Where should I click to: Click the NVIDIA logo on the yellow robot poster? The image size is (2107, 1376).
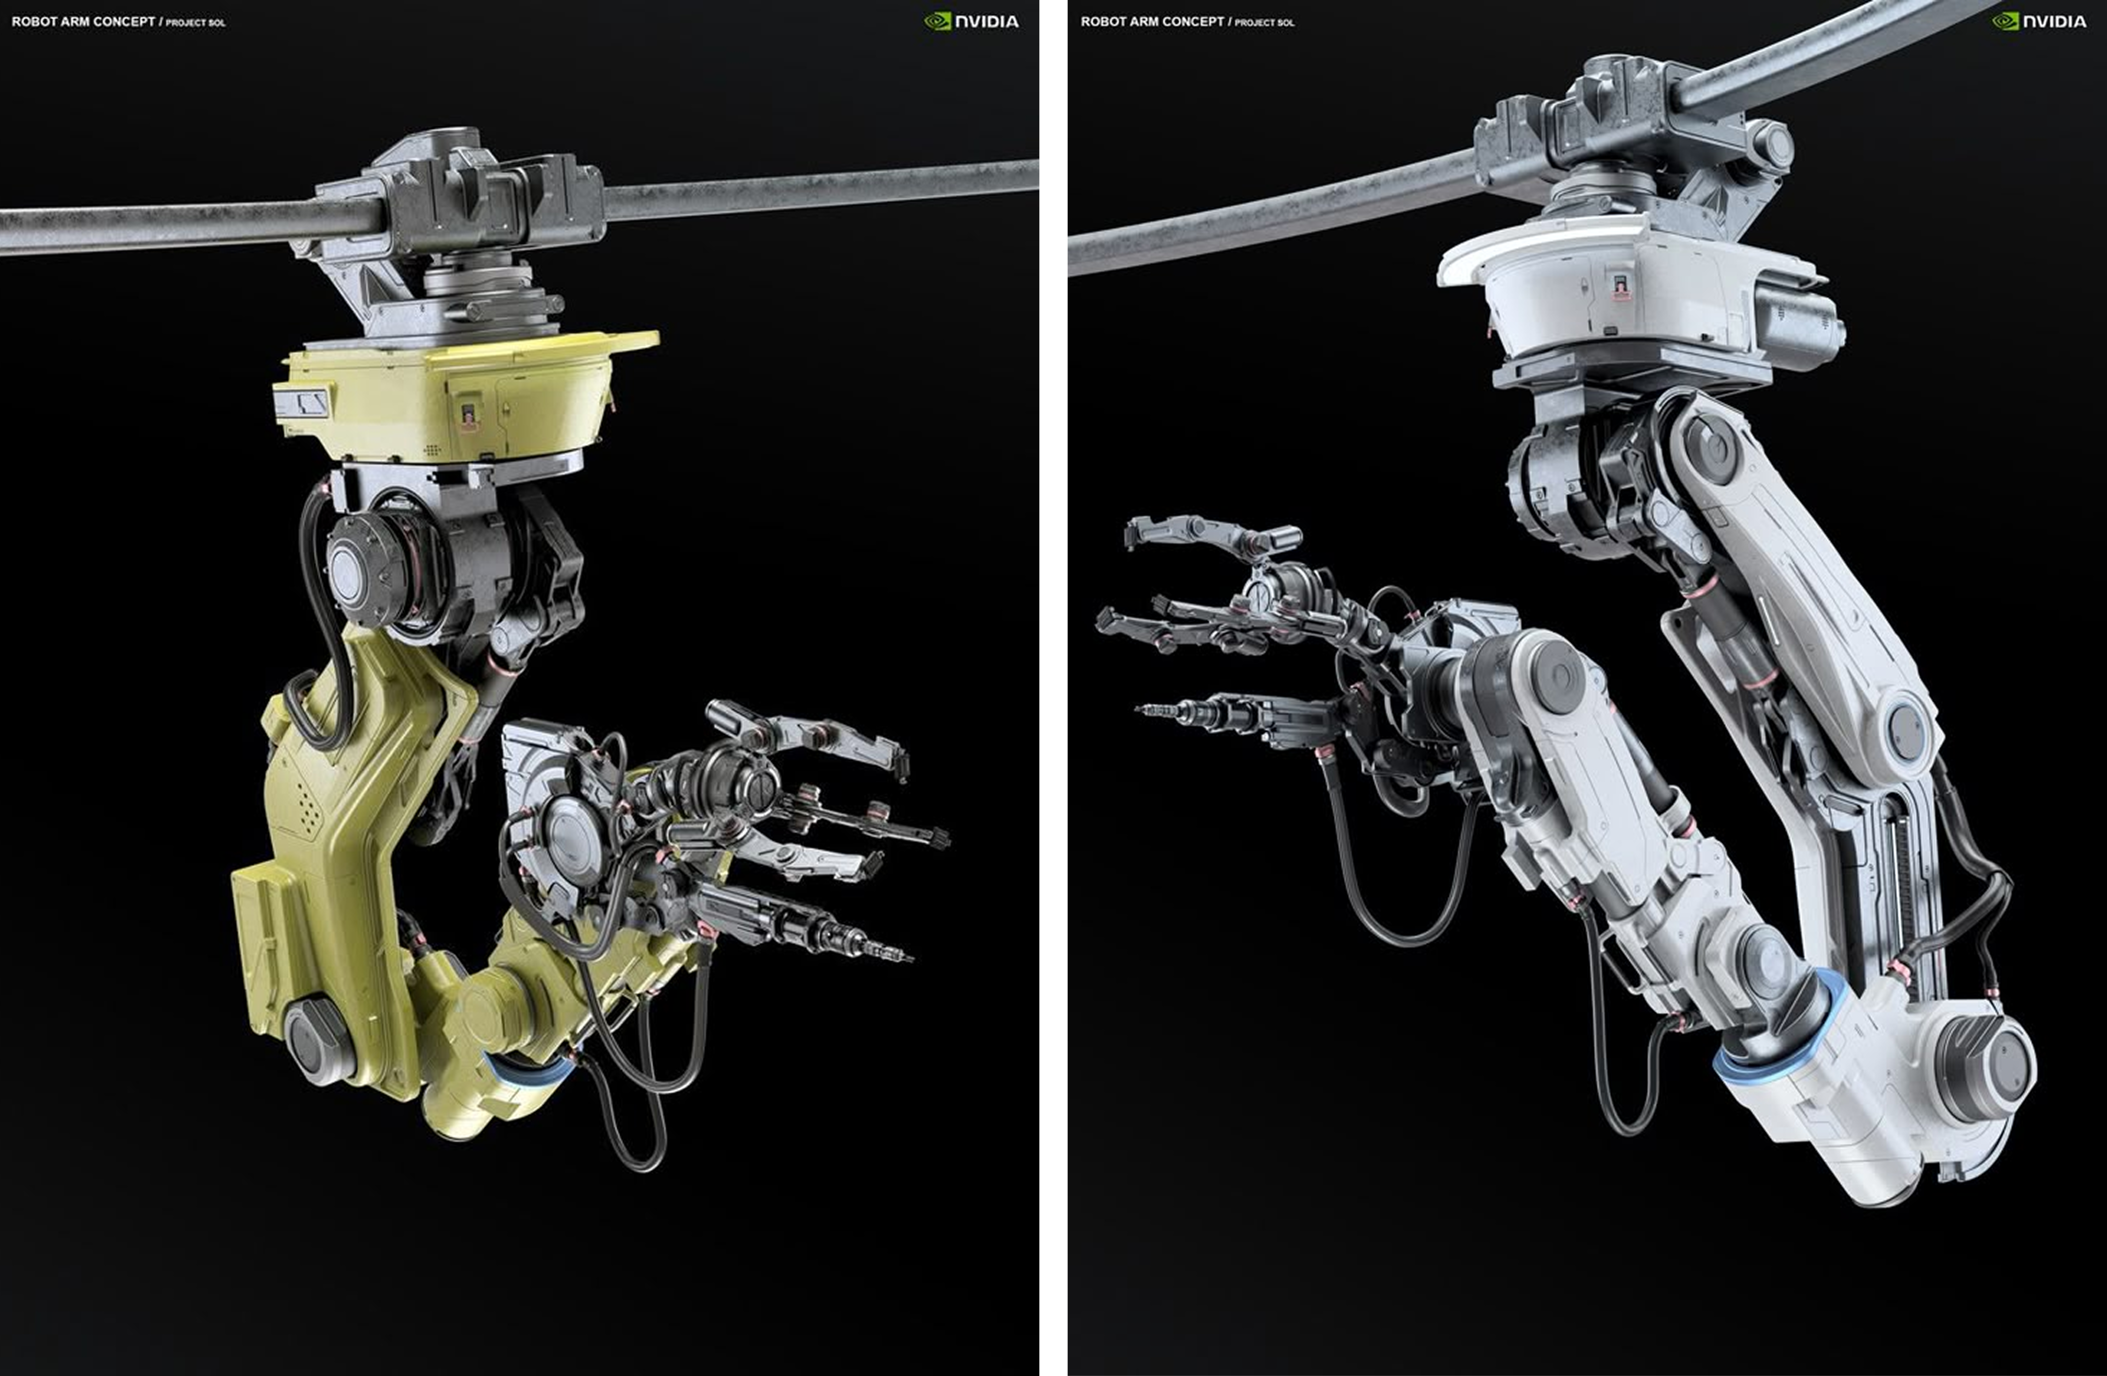971,21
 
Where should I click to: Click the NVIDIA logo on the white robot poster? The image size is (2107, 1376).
2039,21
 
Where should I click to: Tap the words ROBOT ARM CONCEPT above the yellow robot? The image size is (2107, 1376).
83,21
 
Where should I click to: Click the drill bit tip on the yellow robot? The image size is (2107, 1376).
912,956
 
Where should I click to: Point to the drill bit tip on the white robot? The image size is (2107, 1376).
1138,708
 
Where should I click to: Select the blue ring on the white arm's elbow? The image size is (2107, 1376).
1779,1041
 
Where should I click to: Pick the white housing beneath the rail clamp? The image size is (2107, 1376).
1629,292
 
